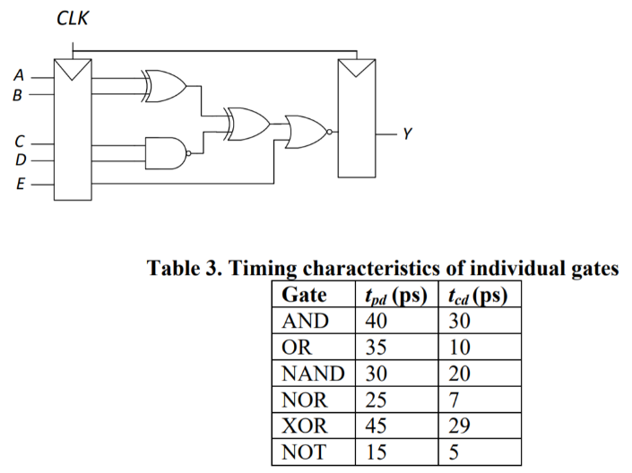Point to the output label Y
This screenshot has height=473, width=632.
click(408, 134)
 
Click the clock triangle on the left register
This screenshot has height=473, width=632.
click(73, 67)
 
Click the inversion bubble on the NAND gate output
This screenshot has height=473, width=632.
click(189, 153)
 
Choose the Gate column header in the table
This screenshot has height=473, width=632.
click(302, 296)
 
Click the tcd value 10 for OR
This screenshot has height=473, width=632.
click(458, 347)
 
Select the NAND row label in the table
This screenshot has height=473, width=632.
click(309, 372)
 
